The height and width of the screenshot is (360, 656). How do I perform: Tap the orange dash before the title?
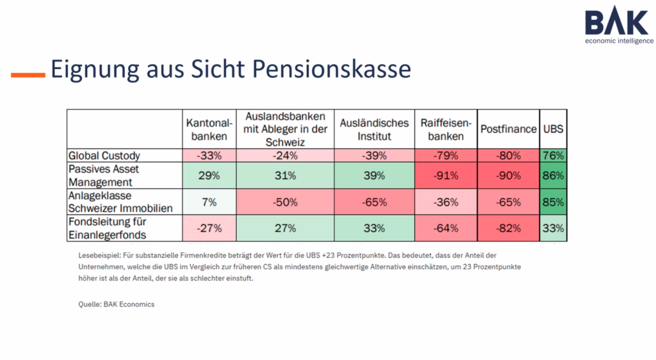(x=28, y=75)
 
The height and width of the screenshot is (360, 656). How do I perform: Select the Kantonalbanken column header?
(x=207, y=129)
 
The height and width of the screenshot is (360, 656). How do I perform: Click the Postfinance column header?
(x=508, y=129)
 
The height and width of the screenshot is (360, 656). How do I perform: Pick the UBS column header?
(x=553, y=129)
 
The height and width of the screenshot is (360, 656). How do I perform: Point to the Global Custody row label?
(x=104, y=156)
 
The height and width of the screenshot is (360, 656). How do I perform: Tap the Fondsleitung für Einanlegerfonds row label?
(x=109, y=228)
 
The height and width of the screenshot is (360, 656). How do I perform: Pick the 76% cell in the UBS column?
(x=553, y=156)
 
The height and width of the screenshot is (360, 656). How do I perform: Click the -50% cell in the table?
(x=285, y=202)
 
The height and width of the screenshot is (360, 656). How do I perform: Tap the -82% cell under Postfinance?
(x=508, y=228)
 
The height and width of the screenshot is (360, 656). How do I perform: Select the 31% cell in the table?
(x=285, y=176)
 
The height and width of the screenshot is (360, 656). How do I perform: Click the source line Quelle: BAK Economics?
(x=112, y=304)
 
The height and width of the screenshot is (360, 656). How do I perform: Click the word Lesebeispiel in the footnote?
(x=89, y=255)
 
